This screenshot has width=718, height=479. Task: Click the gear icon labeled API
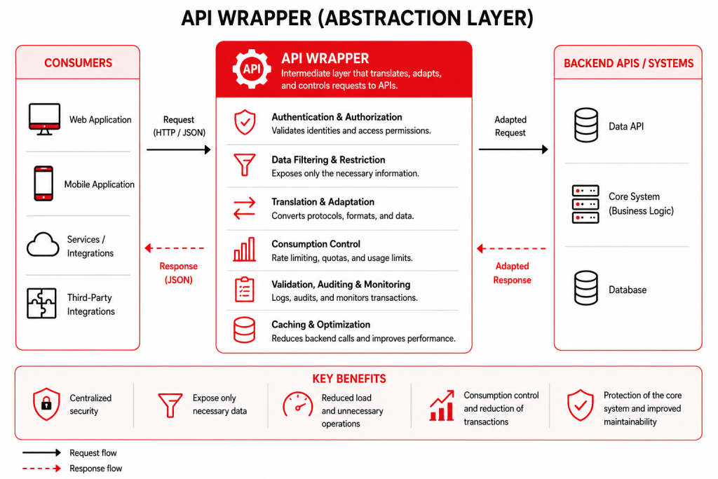[252, 69]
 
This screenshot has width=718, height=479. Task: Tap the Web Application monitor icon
[44, 119]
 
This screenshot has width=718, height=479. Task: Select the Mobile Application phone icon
[43, 184]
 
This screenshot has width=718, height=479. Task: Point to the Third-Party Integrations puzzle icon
[41, 303]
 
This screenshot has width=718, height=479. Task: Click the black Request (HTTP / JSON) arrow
[179, 149]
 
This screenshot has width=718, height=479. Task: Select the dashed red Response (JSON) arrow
[175, 248]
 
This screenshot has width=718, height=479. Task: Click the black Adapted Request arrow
[513, 149]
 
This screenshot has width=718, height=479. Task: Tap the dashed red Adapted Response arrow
[511, 249]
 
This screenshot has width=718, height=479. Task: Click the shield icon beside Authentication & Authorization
[245, 122]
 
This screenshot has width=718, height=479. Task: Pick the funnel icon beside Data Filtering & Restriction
[245, 164]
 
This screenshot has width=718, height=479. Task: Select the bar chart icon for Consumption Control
[245, 250]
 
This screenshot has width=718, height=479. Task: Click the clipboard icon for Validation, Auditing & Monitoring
[245, 290]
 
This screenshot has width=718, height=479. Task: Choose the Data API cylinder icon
[585, 125]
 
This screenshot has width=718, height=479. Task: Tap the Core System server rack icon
[585, 204]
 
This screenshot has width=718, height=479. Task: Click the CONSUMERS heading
[79, 62]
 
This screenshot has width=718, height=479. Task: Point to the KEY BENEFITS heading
[349, 379]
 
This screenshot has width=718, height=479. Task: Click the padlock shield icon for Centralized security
[46, 404]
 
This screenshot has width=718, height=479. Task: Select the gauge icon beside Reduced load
[297, 404]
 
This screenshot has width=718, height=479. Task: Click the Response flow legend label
[95, 468]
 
